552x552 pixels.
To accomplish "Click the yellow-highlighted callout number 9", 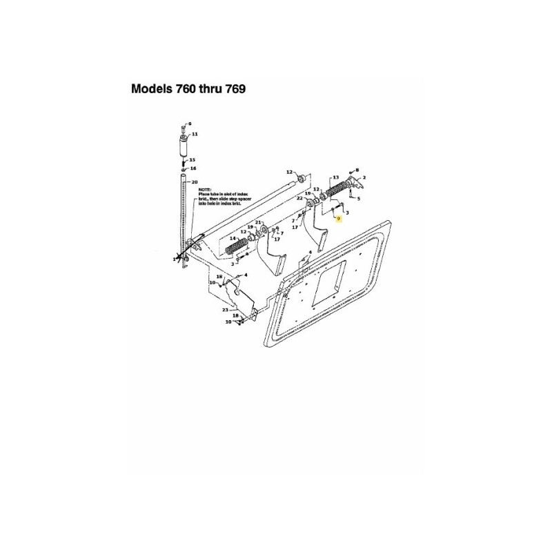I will [x=339, y=217].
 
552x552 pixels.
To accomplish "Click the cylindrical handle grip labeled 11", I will [x=184, y=146].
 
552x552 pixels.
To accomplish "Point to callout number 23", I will [x=225, y=310].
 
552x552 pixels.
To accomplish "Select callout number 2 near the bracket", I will [x=364, y=179].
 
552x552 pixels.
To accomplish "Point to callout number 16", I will [x=193, y=168].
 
